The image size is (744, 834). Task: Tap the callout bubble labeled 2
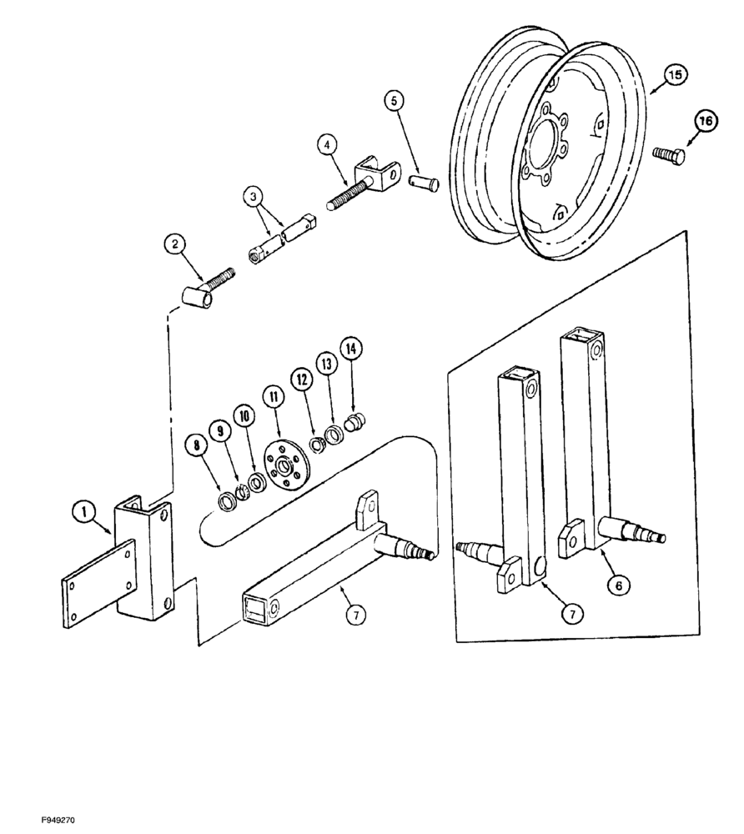174,244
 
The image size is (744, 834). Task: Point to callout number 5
395,100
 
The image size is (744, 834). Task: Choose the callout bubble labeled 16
706,122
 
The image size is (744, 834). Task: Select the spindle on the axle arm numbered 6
642,530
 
